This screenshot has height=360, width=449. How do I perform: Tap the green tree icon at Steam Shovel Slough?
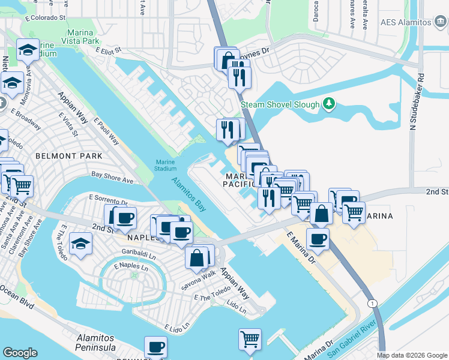click(328, 104)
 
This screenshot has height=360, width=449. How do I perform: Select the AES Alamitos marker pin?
click(440, 22)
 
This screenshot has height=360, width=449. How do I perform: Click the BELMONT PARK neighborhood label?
click(69, 156)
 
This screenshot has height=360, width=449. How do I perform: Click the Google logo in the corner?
click(20, 352)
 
